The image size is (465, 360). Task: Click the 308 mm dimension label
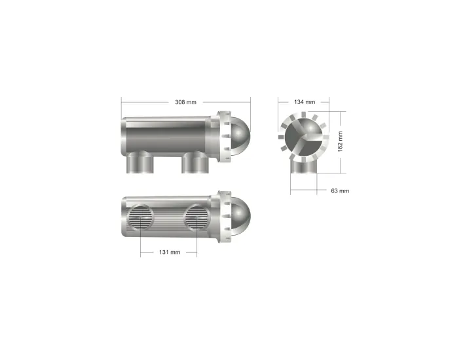(185, 102)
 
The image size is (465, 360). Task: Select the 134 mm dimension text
(305, 102)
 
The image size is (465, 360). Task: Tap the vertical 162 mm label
(340, 141)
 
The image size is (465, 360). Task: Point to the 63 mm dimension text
(339, 190)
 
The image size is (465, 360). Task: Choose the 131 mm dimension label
(170, 252)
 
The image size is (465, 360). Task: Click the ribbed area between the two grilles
(169, 217)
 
